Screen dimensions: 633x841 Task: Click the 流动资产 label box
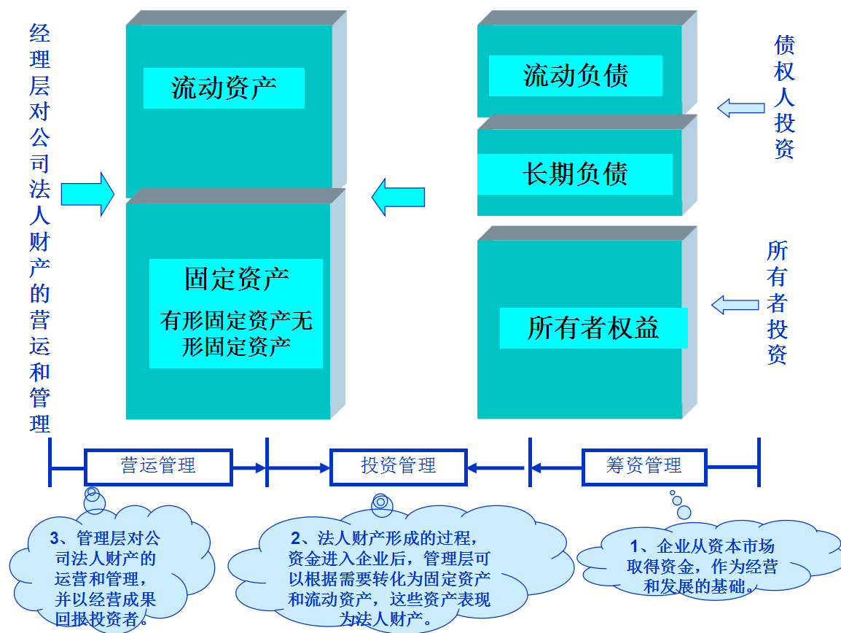tap(224, 88)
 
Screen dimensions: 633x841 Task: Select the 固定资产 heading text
tap(236, 279)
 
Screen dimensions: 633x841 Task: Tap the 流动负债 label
tap(575, 75)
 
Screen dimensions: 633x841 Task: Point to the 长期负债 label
tap(575, 174)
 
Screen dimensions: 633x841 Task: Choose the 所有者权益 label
tap(592, 328)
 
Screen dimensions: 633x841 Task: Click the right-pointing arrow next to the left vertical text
tap(87, 195)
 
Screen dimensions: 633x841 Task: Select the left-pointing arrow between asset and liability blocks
tap(398, 197)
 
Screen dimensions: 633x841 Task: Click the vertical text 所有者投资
tap(778, 303)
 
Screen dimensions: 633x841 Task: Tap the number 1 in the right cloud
tap(634, 547)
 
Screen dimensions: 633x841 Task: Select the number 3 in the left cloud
tap(55, 539)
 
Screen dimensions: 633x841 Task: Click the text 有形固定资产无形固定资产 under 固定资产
tap(236, 333)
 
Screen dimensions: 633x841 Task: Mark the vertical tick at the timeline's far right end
tap(759, 462)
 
